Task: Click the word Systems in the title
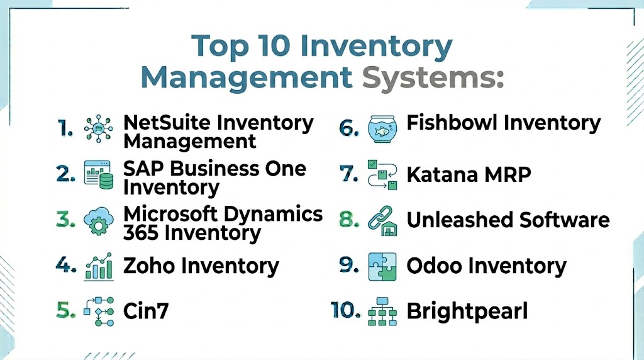[433, 77]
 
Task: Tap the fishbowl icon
[382, 128]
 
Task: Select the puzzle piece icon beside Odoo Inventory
[382, 266]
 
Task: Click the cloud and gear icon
[99, 221]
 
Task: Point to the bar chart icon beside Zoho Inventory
[99, 267]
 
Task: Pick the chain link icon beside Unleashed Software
[382, 221]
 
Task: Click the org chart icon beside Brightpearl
[382, 312]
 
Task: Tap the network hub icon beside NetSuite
[99, 128]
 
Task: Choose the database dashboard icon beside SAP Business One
[99, 175]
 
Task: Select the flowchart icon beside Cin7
[99, 312]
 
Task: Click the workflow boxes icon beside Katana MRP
[382, 175]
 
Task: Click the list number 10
[345, 310]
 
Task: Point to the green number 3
[65, 220]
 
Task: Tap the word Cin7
[146, 311]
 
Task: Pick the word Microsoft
[171, 214]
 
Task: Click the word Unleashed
[460, 220]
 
